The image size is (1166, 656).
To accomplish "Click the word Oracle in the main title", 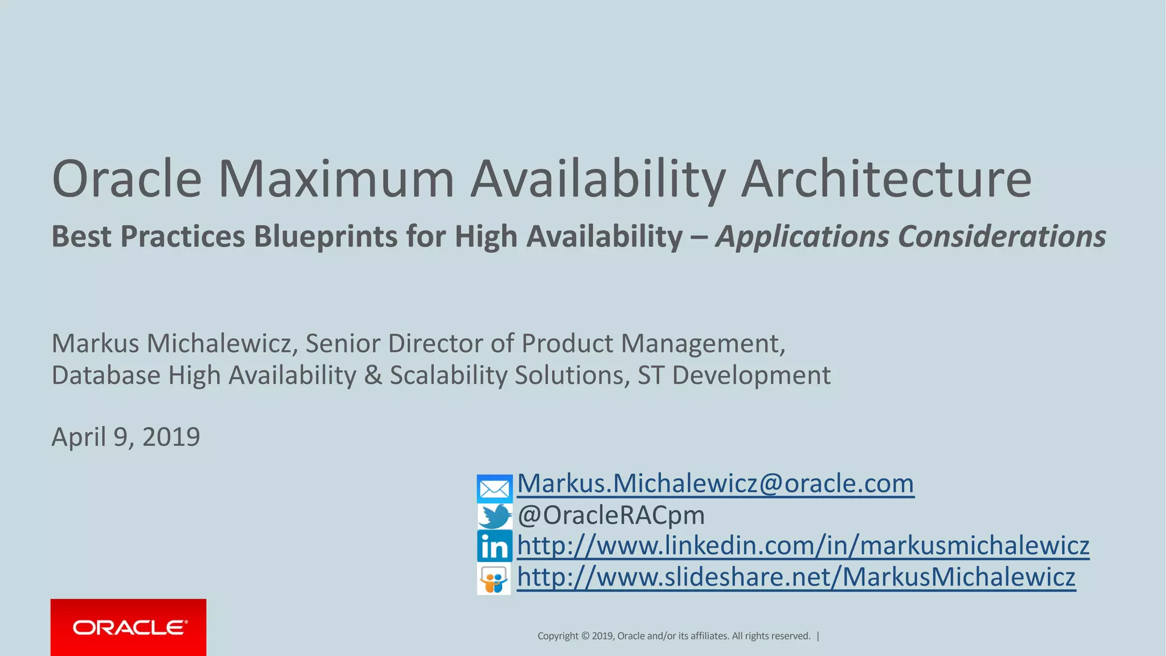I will tap(126, 179).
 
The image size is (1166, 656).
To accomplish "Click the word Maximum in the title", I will tap(336, 179).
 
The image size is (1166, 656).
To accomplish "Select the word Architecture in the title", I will tap(886, 179).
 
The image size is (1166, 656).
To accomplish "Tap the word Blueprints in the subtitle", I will tap(325, 237).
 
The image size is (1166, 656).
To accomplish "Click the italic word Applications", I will tap(802, 237).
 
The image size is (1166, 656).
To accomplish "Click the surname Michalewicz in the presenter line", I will tap(223, 343).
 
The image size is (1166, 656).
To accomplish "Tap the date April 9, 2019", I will tap(126, 437).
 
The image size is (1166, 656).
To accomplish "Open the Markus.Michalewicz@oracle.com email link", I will tap(715, 483).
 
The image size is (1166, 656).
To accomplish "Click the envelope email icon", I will tap(494, 489).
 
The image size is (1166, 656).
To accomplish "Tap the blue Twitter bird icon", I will tap(494, 516).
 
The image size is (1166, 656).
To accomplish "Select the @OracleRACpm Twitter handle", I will tap(611, 515).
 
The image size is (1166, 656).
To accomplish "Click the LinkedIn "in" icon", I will tap(494, 547).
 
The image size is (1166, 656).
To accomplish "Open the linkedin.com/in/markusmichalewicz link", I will tap(803, 546).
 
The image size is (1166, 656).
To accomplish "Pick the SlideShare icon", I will tap(494, 580).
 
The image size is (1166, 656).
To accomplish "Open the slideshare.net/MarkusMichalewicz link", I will tap(796, 577).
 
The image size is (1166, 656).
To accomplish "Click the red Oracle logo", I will tap(129, 628).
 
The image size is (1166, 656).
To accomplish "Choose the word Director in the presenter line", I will tap(435, 343).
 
